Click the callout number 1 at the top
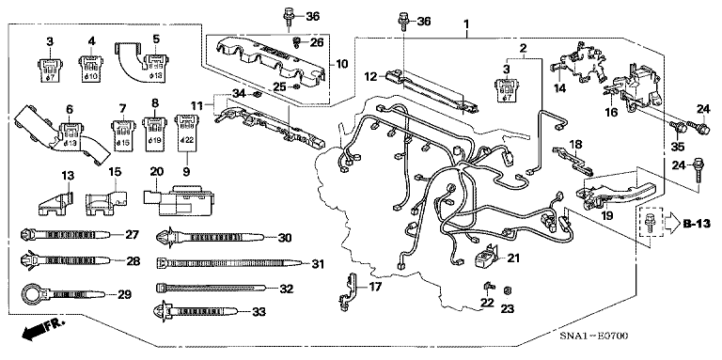coord(463,22)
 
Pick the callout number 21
coord(512,257)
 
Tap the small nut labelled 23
coord(507,290)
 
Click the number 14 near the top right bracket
coord(560,89)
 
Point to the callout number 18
coord(576,143)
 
